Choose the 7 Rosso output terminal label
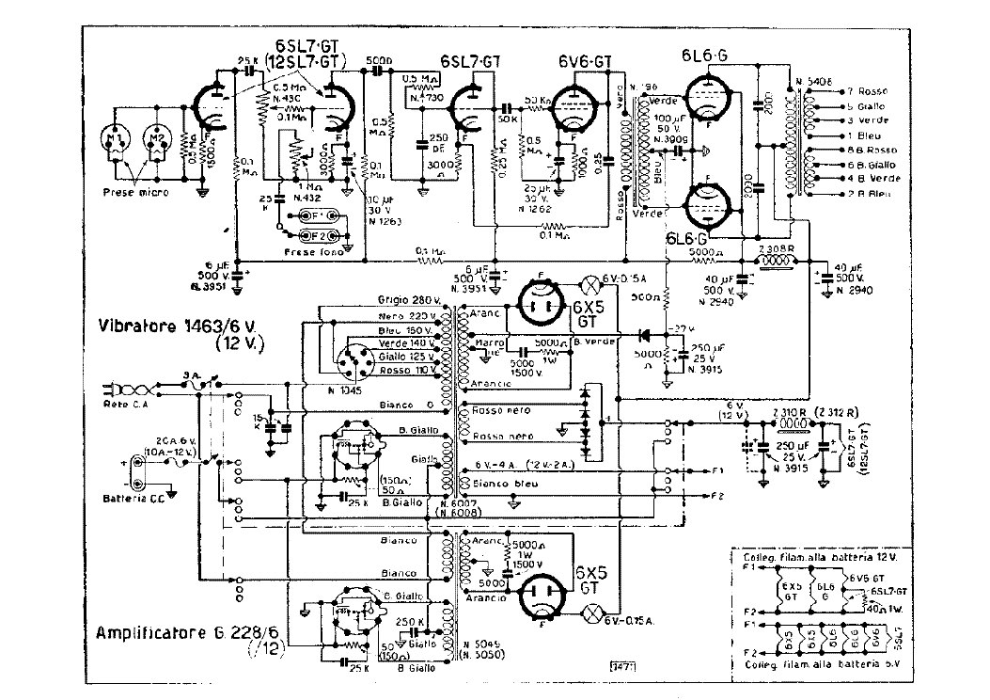[x=870, y=91]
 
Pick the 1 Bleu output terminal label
[x=866, y=135]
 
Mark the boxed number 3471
[x=621, y=669]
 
